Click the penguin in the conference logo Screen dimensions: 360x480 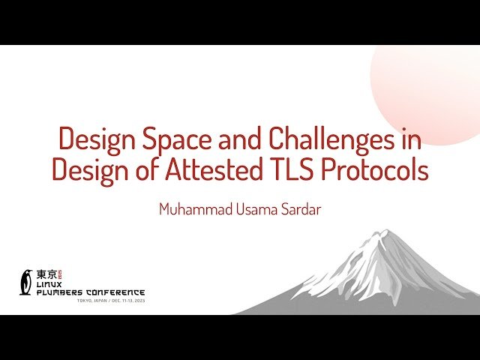pos(28,281)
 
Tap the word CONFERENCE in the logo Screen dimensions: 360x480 pos(116,292)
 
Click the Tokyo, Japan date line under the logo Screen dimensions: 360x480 pos(109,301)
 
